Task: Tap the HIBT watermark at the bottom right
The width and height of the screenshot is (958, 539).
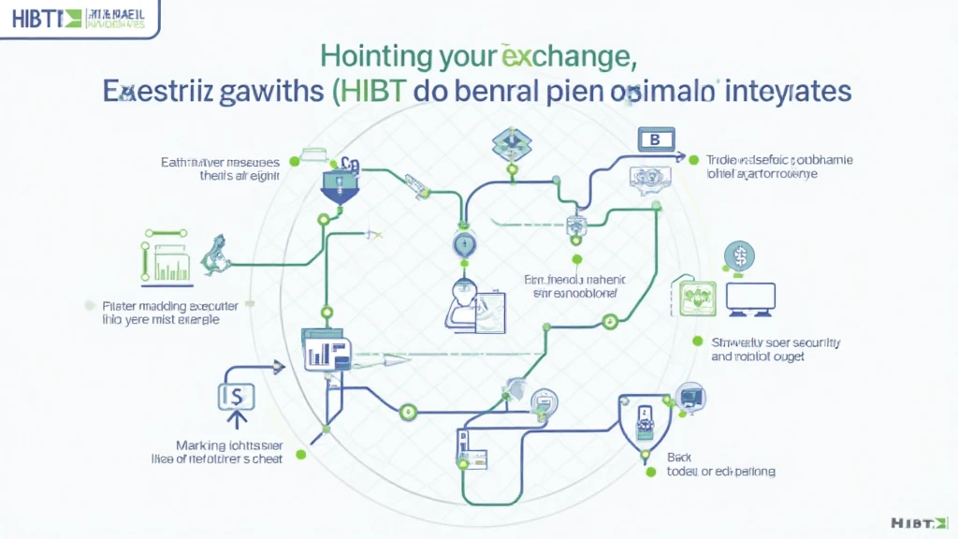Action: click(921, 521)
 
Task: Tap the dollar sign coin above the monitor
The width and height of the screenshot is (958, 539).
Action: click(739, 255)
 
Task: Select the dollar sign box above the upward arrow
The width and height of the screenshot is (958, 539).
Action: click(230, 397)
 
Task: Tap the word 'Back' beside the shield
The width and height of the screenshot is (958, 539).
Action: click(679, 457)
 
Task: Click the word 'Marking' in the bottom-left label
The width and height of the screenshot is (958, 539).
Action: click(201, 444)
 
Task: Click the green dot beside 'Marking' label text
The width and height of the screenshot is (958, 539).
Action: click(300, 454)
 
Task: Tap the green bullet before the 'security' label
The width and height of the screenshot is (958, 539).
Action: click(696, 342)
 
